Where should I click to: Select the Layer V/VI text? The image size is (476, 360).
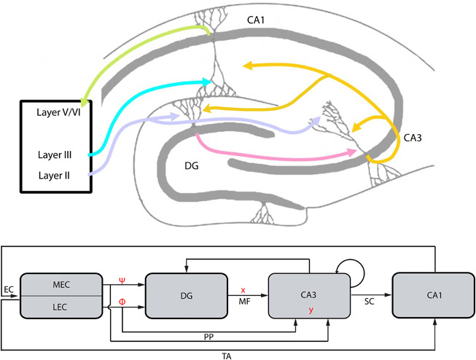click(x=52, y=114)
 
